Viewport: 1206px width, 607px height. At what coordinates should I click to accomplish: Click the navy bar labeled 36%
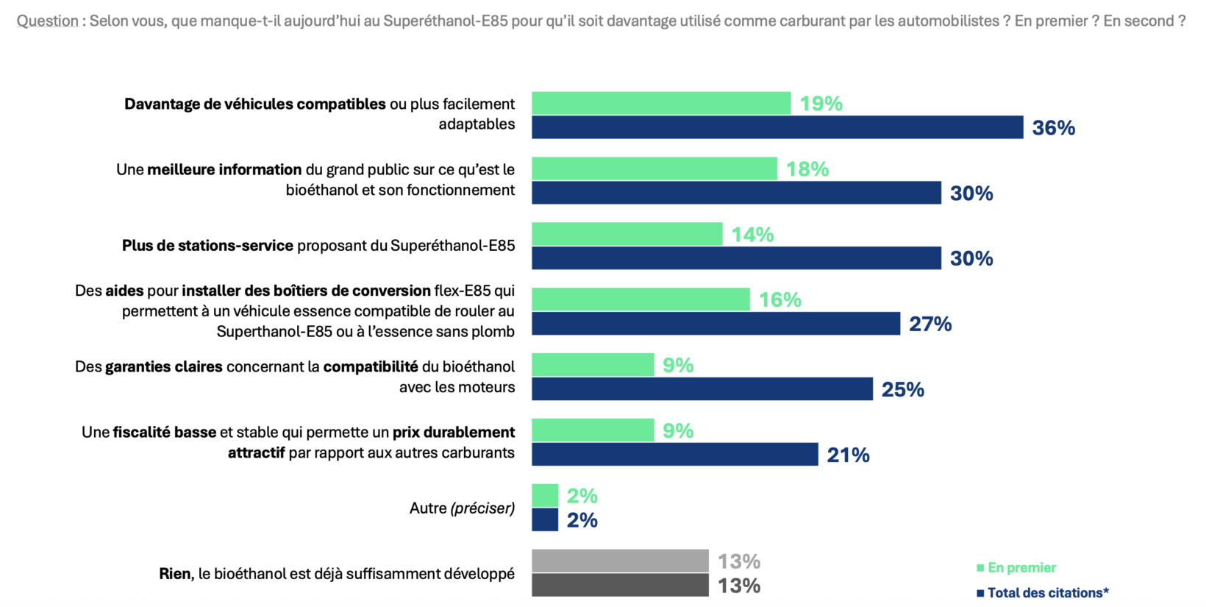[x=777, y=127]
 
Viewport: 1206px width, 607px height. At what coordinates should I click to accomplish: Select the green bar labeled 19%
[x=661, y=104]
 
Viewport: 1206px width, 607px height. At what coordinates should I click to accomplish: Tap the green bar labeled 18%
[x=654, y=168]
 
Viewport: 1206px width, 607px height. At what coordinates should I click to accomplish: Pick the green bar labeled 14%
[x=627, y=234]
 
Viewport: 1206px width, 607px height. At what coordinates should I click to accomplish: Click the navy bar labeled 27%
[x=716, y=324]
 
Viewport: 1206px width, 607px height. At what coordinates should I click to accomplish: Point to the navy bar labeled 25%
[x=702, y=389]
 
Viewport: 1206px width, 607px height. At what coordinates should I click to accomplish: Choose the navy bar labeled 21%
[x=675, y=455]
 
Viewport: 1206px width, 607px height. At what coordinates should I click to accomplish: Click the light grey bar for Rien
[x=620, y=561]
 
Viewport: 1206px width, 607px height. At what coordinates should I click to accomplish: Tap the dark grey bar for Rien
[x=620, y=585]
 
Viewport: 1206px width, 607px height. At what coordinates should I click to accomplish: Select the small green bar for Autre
[x=545, y=495]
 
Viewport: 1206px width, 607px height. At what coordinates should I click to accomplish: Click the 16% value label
[x=779, y=300]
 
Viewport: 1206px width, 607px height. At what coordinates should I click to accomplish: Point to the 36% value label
[x=1053, y=128]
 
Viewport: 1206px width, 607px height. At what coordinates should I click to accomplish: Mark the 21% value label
[x=848, y=455]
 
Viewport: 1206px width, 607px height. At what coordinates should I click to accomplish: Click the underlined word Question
[x=48, y=21]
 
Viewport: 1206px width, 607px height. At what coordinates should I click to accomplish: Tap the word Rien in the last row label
[x=176, y=574]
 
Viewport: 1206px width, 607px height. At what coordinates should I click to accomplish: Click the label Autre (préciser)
[x=462, y=508]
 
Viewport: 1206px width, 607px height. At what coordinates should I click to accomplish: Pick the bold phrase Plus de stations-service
[x=207, y=246]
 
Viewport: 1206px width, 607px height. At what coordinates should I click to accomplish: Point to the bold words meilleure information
[x=224, y=169]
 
